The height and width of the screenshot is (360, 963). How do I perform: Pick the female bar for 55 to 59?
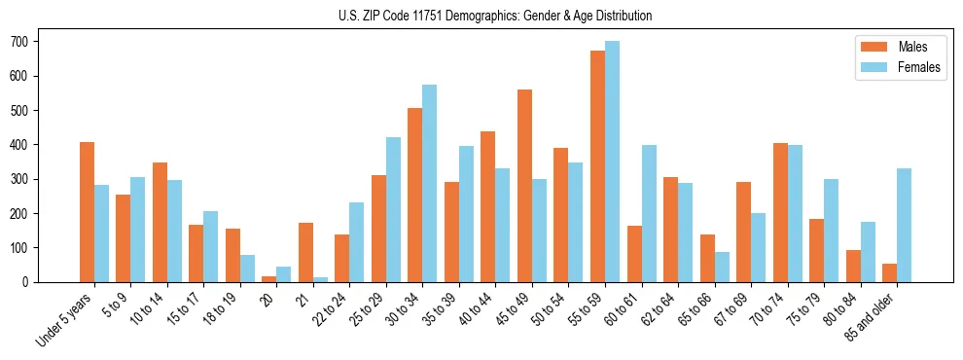pyautogui.click(x=612, y=162)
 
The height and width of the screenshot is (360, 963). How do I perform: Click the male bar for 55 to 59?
pyautogui.click(x=597, y=166)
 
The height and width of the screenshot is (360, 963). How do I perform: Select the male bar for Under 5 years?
pyautogui.click(x=87, y=212)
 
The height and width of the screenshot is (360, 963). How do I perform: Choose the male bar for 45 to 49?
pyautogui.click(x=524, y=186)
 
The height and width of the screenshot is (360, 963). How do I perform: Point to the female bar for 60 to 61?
pyautogui.click(x=649, y=214)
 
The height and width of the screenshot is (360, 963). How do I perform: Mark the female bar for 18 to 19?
pyautogui.click(x=247, y=269)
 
